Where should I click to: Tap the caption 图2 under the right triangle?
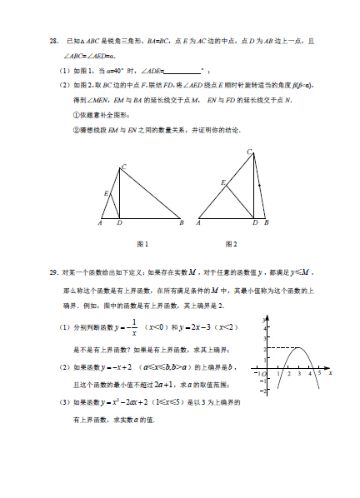point(231,244)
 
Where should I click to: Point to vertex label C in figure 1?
point(123,167)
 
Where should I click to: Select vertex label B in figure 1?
point(181,223)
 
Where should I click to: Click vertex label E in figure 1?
point(106,193)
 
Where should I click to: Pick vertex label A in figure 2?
point(198,223)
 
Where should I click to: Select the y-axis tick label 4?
point(265,329)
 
